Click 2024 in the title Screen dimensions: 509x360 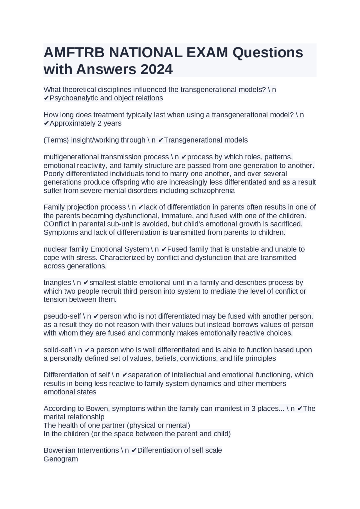pyautogui.click(x=157, y=69)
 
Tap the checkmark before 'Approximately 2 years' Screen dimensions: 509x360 pyautogui.click(x=46, y=123)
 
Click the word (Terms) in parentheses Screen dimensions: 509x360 pyautogui.click(x=56, y=140)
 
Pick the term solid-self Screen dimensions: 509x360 pyautogui.click(x=58, y=350)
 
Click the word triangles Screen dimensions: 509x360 pyautogui.click(x=57, y=282)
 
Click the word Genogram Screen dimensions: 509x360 pyautogui.click(x=61, y=459)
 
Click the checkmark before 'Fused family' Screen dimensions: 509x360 pyautogui.click(x=165, y=249)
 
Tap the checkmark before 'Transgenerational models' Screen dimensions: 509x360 pyautogui.click(x=161, y=140)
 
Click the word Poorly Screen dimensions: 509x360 pyautogui.click(x=54, y=174)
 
